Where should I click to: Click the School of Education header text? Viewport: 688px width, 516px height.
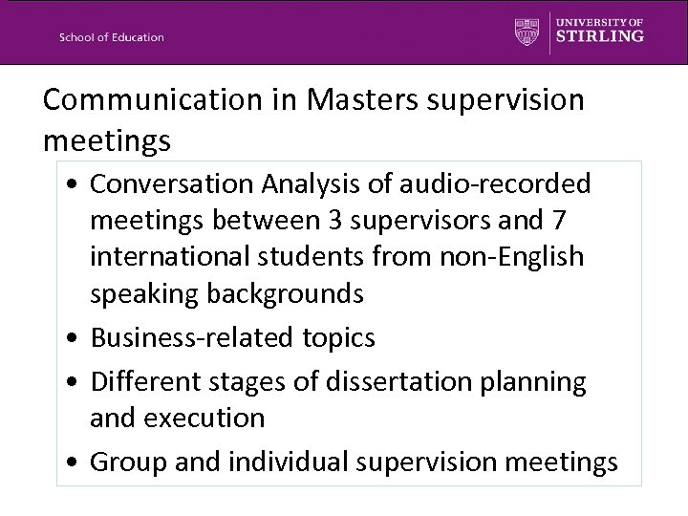pos(112,37)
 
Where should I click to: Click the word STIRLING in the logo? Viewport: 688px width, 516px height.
pos(599,36)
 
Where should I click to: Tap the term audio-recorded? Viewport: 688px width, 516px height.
pos(494,183)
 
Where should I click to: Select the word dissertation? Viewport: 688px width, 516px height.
pos(394,381)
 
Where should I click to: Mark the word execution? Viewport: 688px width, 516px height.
pos(204,418)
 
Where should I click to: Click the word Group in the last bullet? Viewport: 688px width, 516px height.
pos(126,462)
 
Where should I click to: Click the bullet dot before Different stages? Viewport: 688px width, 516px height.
pos(75,382)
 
